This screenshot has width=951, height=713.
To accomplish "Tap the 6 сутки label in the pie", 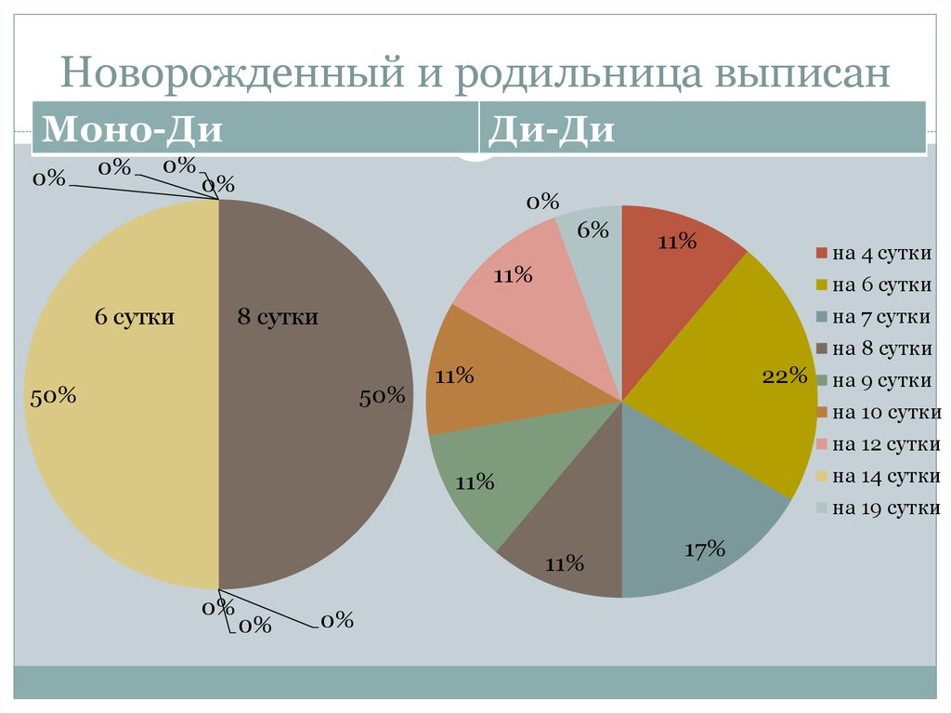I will pos(135,317).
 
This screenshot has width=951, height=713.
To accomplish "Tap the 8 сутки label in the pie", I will pos(278,317).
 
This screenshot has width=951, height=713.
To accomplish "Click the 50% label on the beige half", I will pos(53,396).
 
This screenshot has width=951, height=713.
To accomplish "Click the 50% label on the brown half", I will pos(383,396).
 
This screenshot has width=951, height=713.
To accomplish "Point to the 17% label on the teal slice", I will pos(704,549).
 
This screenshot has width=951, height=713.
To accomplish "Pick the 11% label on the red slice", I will pos(677,242).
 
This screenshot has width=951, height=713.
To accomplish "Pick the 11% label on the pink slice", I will pos(513,275).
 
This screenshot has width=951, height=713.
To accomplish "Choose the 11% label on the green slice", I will pos(475,482).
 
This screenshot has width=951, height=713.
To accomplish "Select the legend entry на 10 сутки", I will pos(886,413).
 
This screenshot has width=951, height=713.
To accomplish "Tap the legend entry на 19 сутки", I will pos(886,508).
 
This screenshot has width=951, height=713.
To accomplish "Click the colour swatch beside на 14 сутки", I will pos(821,477).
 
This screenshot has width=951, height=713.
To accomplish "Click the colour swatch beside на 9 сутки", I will pos(821,381).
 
